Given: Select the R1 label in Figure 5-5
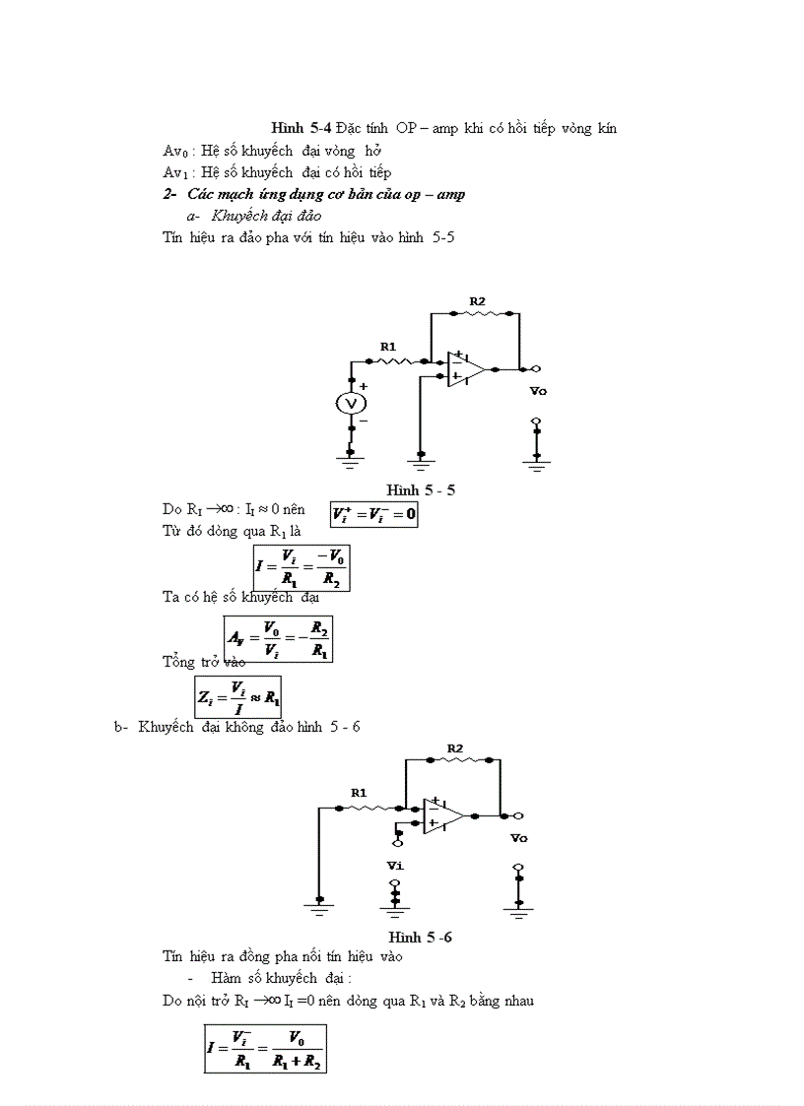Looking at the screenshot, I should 388,346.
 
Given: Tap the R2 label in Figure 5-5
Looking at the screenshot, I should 477,300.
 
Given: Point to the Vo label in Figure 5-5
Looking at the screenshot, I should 538,391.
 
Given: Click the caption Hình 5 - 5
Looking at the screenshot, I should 421,490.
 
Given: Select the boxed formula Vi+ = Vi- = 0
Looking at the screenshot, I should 374,514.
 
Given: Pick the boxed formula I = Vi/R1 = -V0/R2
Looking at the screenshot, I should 301,567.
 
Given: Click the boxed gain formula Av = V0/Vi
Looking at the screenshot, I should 277,638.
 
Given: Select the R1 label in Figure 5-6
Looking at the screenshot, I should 359,792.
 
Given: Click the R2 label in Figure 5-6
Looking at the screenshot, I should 454,748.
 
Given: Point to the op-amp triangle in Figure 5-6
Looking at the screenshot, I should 442,815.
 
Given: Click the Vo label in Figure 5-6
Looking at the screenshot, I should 518,838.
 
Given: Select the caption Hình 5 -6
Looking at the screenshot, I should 421,937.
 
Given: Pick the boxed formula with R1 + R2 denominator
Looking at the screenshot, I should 264,1050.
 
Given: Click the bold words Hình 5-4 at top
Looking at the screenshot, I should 301,128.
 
